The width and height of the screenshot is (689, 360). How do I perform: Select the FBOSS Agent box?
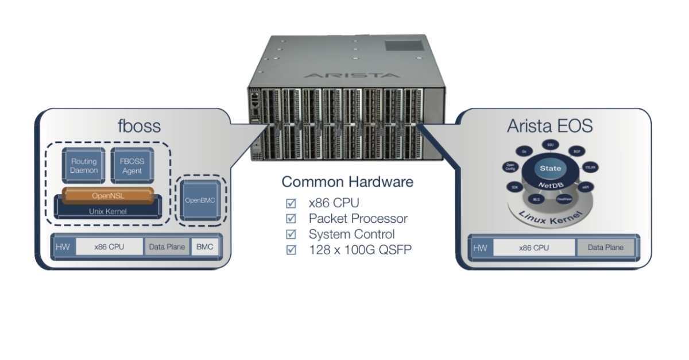pyautogui.click(x=132, y=167)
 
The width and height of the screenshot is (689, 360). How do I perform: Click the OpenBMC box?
pyautogui.click(x=200, y=200)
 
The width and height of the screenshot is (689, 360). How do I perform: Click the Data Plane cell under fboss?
pyautogui.click(x=167, y=247)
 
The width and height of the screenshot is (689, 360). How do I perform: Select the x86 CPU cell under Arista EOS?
pyautogui.click(x=534, y=248)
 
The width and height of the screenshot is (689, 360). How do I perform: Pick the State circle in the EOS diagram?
pyautogui.click(x=550, y=168)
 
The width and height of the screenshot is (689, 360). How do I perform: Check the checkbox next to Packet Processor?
pyautogui.click(x=291, y=219)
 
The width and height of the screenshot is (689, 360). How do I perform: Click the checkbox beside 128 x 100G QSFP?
pyautogui.click(x=291, y=250)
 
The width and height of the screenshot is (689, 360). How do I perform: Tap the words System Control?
pyautogui.click(x=351, y=234)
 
